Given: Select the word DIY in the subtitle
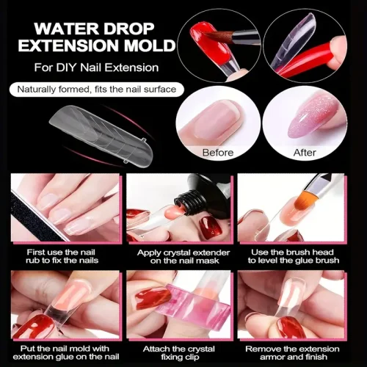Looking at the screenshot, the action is [x=67, y=68].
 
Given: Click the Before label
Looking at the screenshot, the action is [x=218, y=153].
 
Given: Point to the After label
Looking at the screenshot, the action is [x=305, y=153].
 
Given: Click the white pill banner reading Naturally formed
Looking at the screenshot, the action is [x=97, y=90].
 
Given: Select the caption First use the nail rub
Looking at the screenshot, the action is [x=62, y=256].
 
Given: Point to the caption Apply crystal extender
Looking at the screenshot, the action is [x=183, y=256].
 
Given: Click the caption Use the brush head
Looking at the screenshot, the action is [x=294, y=256].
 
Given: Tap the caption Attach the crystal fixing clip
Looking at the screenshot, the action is [x=179, y=352].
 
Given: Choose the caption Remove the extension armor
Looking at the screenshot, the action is [x=293, y=352].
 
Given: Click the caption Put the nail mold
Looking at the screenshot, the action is [x=65, y=352].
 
